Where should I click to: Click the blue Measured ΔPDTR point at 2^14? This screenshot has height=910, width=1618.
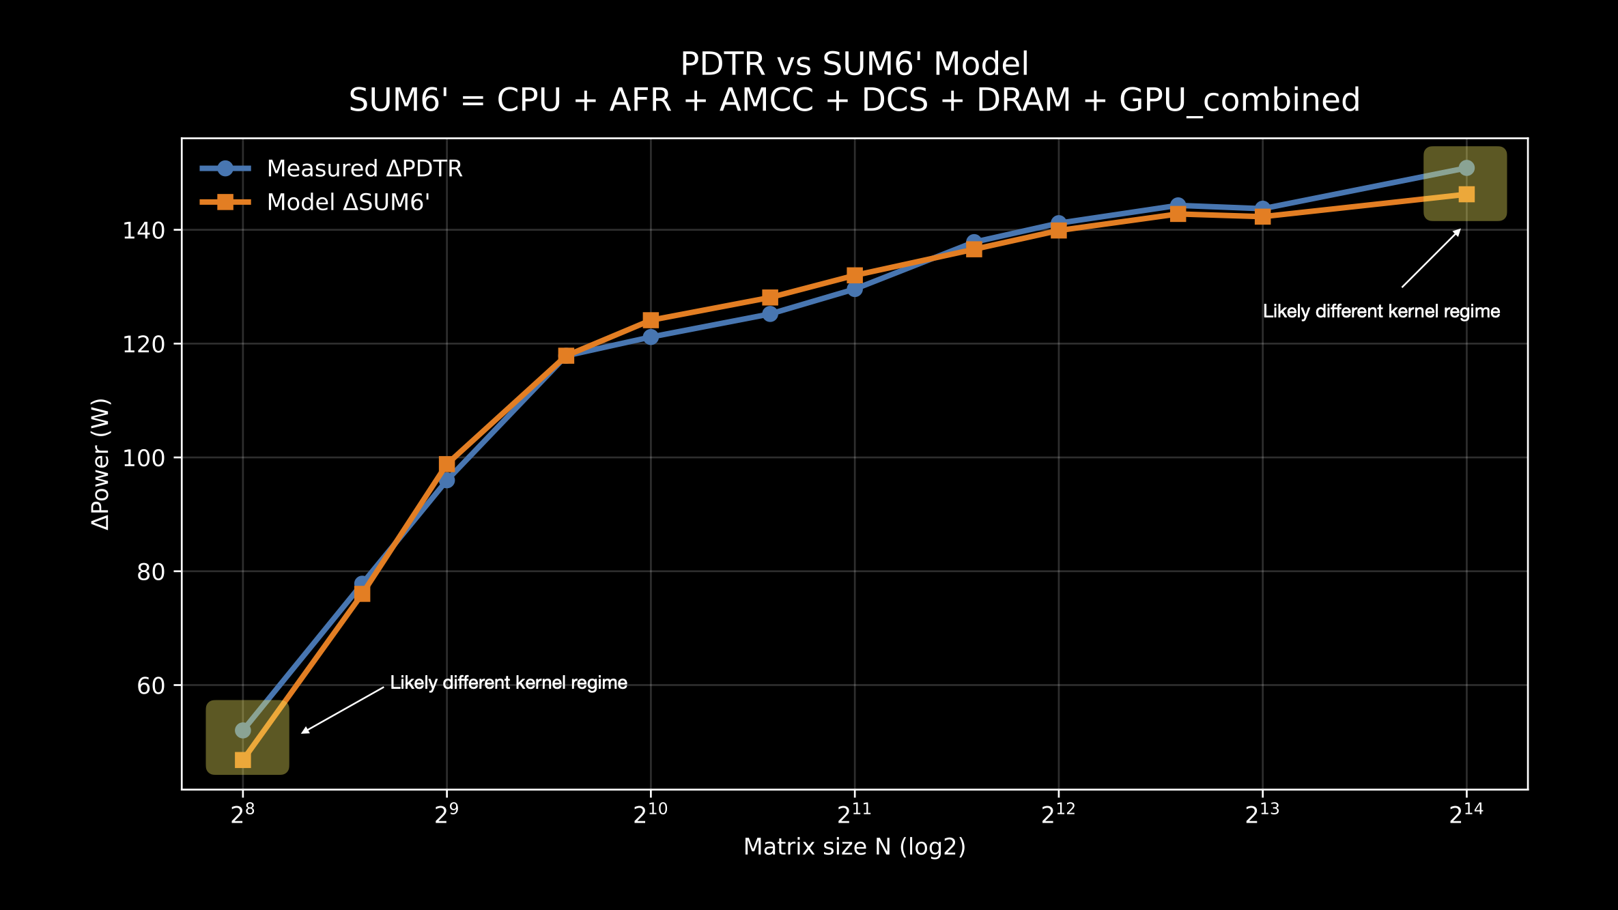click(1466, 168)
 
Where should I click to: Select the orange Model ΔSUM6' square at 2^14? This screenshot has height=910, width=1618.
click(1466, 195)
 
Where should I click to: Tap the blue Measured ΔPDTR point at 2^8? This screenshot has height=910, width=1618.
click(243, 730)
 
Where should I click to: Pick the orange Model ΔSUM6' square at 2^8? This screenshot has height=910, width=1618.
click(243, 760)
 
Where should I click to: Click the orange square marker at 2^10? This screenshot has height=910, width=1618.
click(651, 320)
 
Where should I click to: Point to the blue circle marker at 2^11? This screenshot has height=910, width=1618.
click(855, 289)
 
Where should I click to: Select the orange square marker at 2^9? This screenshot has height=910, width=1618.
click(446, 465)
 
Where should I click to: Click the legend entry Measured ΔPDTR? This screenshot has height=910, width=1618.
click(364, 169)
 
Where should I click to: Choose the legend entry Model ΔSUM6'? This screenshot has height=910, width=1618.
click(347, 203)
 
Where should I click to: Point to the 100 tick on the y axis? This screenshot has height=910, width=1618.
click(144, 458)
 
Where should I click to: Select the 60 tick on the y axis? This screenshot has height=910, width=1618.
click(151, 685)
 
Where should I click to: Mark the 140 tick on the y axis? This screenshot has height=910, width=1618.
click(144, 231)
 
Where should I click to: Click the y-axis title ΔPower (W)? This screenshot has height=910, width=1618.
click(101, 464)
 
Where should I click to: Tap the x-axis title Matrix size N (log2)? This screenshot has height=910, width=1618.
click(854, 847)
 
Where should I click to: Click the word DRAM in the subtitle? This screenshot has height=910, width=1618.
click(1023, 100)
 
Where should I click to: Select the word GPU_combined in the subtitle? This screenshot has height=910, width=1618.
click(1239, 100)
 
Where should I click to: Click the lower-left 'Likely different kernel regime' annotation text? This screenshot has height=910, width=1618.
click(509, 683)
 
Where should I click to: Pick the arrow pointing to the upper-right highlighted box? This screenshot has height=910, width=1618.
click(1431, 258)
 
